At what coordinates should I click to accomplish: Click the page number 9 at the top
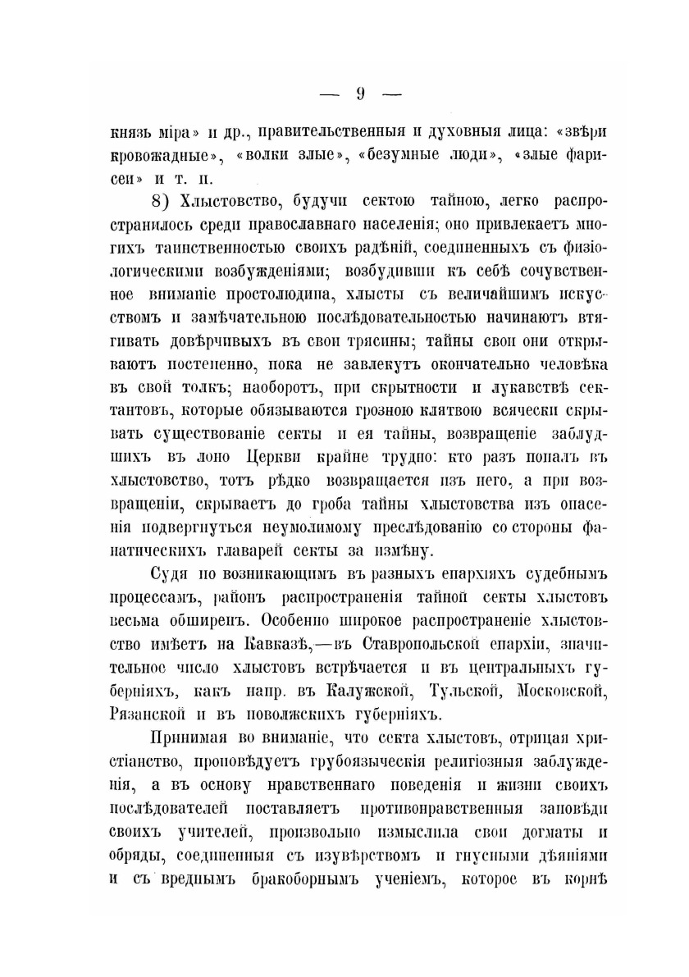coord(360,93)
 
